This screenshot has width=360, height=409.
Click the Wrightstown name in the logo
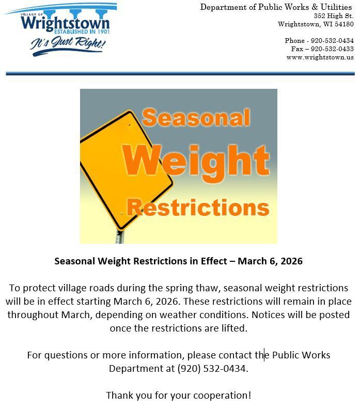[x=66, y=24]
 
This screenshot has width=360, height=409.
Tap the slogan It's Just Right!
[x=68, y=44]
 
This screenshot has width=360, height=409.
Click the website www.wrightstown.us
[x=320, y=57]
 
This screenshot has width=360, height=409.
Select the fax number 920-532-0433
[x=332, y=49]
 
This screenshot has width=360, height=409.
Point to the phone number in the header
[x=332, y=41]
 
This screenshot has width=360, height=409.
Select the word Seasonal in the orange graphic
[x=196, y=118]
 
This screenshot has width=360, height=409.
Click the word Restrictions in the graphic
[x=198, y=208]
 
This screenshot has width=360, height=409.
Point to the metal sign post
[x=120, y=237]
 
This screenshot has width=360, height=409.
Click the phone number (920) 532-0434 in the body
[x=212, y=369]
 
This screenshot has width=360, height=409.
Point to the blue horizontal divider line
[x=180, y=74]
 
